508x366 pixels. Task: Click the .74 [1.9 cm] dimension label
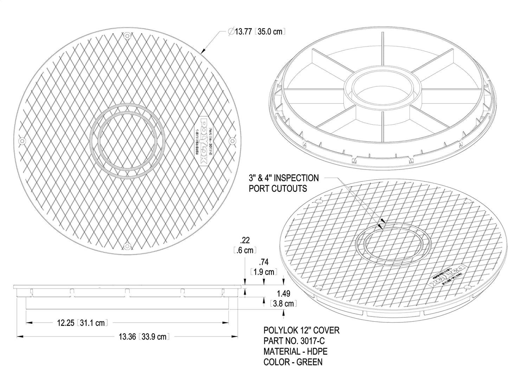point(264,267)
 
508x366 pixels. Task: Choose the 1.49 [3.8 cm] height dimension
point(283,298)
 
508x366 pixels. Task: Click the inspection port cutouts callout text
point(283,183)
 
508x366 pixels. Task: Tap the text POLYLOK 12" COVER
point(301,330)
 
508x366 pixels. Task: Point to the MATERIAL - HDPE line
point(295,351)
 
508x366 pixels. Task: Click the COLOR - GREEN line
point(293,361)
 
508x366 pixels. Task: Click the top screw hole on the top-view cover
point(127,35)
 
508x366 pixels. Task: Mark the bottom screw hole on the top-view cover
point(127,245)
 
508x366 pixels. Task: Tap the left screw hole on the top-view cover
point(22,141)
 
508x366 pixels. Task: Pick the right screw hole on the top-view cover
point(232,141)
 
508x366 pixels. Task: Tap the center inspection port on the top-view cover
point(127,140)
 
